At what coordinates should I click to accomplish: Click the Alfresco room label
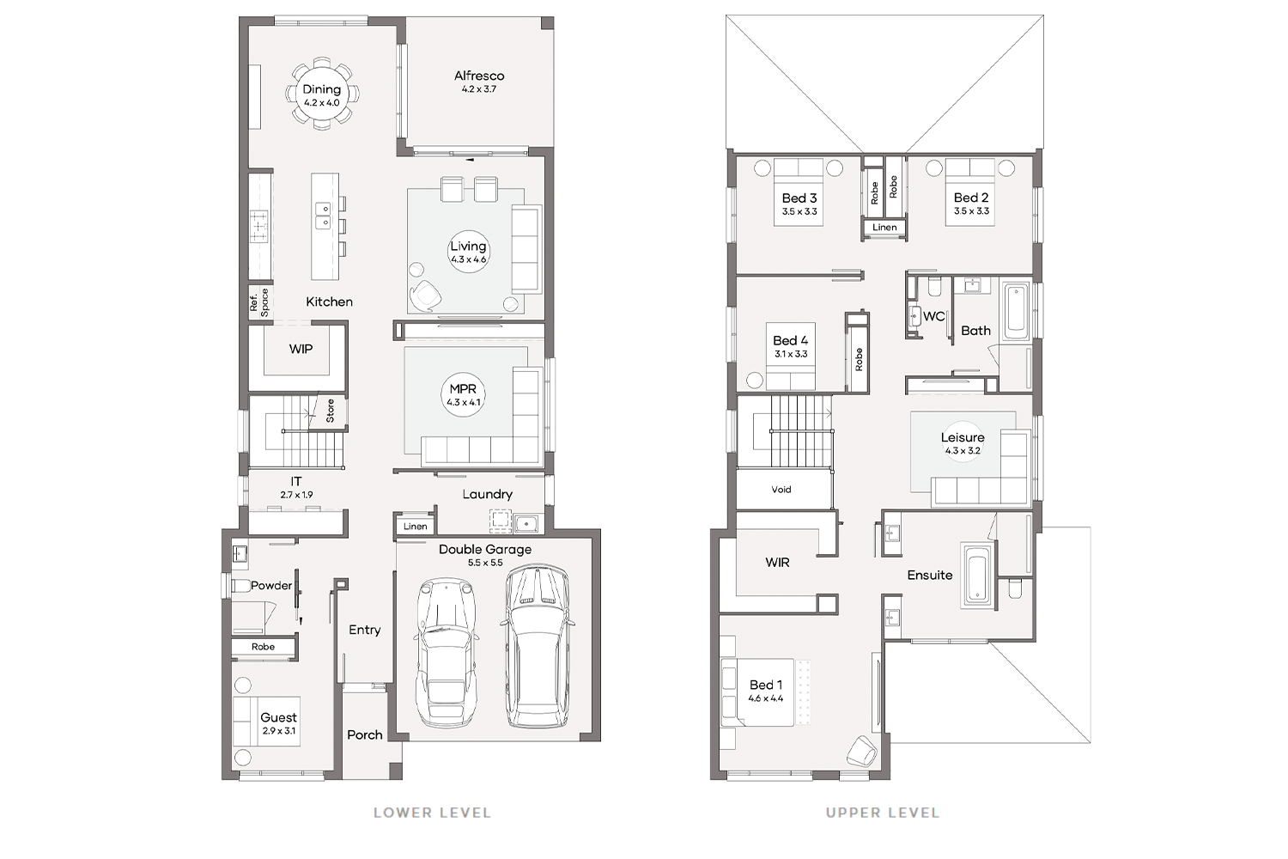point(479,76)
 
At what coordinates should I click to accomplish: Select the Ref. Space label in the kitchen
point(259,302)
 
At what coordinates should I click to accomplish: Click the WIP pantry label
point(301,349)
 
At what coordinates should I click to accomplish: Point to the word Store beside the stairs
point(330,411)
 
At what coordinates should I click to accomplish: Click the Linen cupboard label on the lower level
point(415,527)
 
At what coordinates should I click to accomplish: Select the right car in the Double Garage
point(537,646)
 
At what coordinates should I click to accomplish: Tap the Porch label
point(365,734)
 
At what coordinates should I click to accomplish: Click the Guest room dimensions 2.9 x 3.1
point(279,731)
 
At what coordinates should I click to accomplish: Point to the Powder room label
point(271,586)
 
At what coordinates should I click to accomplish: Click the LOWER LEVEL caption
point(433,813)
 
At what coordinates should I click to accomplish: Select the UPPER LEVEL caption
point(883,813)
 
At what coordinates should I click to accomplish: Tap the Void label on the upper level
point(781,490)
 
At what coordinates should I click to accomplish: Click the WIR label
point(777,563)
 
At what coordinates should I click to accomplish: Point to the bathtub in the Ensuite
point(977,575)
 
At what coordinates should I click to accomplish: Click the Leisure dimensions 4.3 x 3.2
point(963,451)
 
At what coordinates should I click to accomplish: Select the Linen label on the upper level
point(884,228)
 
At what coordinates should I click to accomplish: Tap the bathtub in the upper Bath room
point(1016,311)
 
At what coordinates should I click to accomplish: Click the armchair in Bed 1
point(862,752)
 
